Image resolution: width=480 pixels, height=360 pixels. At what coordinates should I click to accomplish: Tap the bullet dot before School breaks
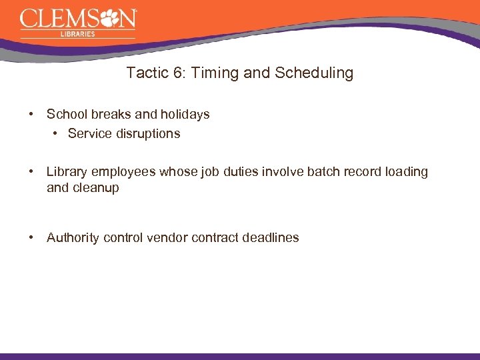32,114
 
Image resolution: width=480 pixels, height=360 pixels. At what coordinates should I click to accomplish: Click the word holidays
185,114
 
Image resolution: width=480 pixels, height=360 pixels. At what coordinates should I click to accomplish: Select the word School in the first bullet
65,114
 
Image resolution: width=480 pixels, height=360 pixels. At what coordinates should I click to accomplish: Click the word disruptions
148,133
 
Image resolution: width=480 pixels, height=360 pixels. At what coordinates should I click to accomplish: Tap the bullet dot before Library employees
32,171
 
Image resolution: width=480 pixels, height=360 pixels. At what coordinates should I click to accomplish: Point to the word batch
323,171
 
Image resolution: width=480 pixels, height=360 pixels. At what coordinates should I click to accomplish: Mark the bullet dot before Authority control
32,237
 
